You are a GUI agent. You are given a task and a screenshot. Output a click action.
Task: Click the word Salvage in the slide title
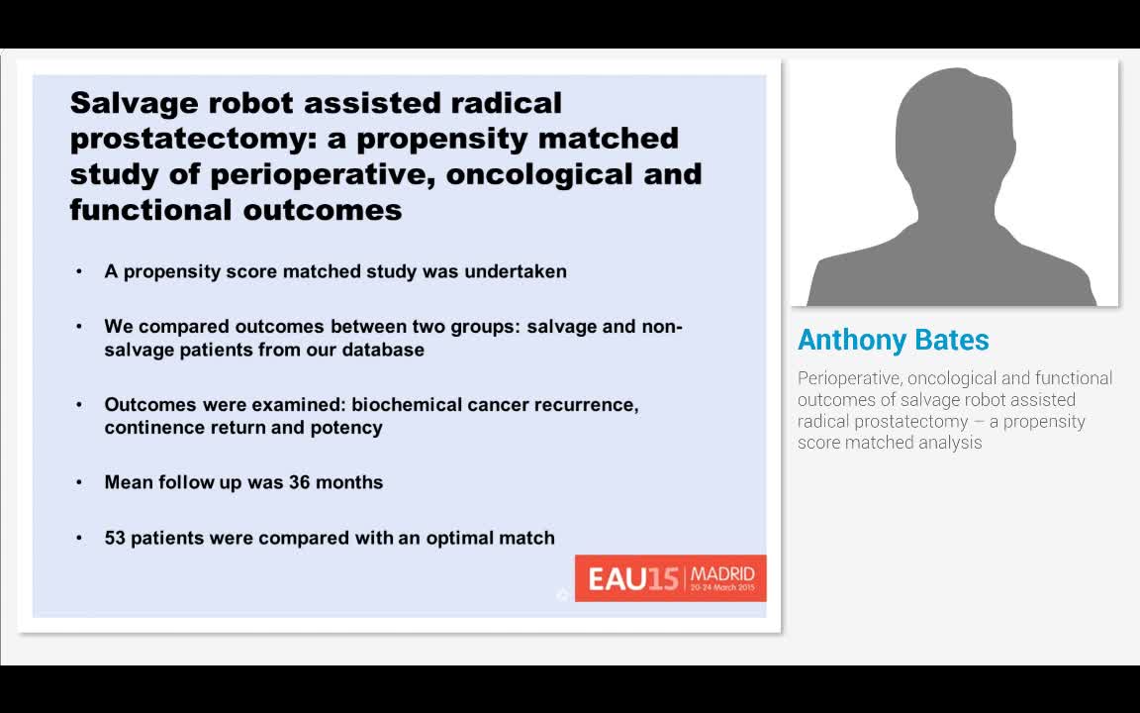[x=132, y=103]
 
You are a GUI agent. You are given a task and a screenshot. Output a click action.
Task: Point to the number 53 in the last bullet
[x=115, y=539]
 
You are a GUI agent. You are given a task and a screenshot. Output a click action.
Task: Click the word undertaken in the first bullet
[x=517, y=271]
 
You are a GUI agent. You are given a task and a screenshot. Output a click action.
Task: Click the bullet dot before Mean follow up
[x=79, y=483]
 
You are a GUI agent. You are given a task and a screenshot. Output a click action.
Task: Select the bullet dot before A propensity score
[x=79, y=271]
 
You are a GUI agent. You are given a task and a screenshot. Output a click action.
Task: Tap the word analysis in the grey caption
[x=950, y=443]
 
